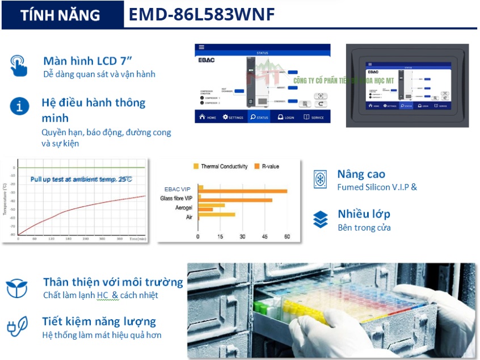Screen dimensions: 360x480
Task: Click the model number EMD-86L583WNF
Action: [x=201, y=15]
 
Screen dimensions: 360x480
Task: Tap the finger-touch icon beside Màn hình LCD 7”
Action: [x=19, y=65]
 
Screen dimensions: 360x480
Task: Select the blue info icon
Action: [x=20, y=106]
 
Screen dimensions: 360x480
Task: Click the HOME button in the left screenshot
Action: [x=207, y=118]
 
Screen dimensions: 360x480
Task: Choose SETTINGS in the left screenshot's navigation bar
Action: [x=233, y=118]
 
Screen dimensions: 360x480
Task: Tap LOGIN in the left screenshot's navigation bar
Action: [x=286, y=118]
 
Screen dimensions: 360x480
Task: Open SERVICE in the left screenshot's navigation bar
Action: [x=314, y=118]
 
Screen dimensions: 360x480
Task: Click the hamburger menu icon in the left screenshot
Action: [x=201, y=47]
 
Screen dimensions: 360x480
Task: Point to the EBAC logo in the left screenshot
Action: [x=206, y=59]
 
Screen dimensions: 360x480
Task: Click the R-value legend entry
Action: [x=267, y=166]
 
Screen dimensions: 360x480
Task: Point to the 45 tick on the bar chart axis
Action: [x=264, y=237]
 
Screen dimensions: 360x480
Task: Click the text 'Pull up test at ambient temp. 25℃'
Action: [x=81, y=179]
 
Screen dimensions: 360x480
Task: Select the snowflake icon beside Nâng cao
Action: [x=321, y=179]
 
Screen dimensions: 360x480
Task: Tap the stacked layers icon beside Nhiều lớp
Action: [x=321, y=219]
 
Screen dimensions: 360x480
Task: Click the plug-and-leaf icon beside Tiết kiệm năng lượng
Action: [x=17, y=326]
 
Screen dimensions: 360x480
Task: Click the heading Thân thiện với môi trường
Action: [x=113, y=282]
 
